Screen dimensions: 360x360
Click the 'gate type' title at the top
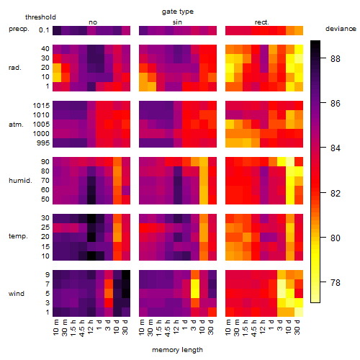[x=178, y=12]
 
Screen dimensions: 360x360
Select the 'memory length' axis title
[x=177, y=350]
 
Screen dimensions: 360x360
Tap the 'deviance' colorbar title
[x=341, y=29]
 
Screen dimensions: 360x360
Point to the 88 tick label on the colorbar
[x=336, y=58]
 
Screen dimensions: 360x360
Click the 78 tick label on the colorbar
[x=336, y=282]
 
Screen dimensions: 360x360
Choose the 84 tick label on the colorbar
[x=336, y=148]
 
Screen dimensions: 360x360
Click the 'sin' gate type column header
[x=177, y=22]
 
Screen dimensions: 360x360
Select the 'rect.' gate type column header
[x=261, y=22]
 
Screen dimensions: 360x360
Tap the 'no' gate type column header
[x=93, y=22]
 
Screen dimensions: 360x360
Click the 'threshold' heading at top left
[x=40, y=17]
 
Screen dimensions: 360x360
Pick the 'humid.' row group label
[x=20, y=181]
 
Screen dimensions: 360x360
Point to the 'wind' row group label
[x=17, y=294]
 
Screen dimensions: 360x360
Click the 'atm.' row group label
[x=16, y=125]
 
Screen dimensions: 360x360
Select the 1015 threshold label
[x=41, y=106]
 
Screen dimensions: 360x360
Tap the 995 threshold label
[x=43, y=143]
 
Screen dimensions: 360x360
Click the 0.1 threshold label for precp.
[x=44, y=30]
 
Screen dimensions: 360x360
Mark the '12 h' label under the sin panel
[x=176, y=327]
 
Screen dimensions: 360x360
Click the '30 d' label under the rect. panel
[x=297, y=327]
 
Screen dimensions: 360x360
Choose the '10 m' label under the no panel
[x=55, y=328]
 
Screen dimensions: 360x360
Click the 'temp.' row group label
[x=18, y=236]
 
